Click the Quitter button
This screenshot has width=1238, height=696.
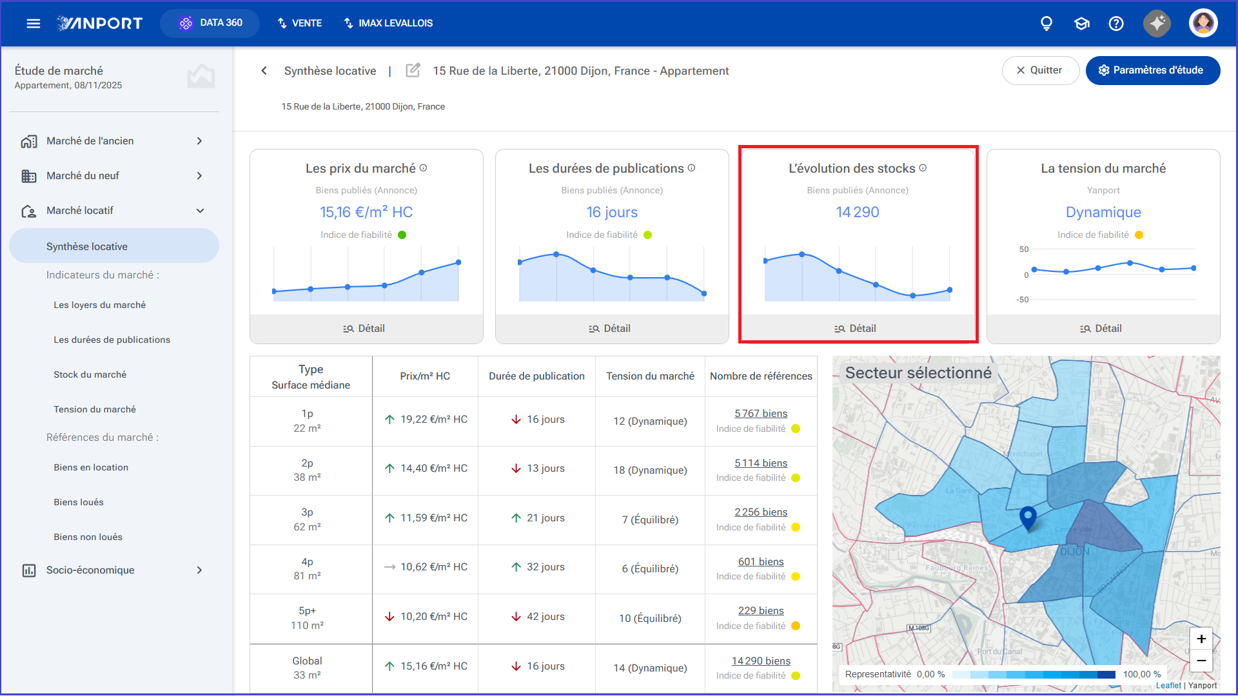1040,70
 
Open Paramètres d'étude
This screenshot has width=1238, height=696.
1152,70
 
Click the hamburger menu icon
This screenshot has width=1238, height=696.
34,23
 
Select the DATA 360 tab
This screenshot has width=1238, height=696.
210,23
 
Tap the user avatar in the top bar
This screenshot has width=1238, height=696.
1203,23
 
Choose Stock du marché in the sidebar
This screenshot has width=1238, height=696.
90,374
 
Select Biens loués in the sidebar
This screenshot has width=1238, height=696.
79,502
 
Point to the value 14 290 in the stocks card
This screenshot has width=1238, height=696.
858,212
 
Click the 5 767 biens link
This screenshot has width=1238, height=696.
761,414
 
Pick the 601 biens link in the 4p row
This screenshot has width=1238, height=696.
761,562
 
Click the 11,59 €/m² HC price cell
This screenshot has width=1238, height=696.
426,518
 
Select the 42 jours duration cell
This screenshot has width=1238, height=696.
538,617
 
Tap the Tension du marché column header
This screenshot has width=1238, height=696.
650,376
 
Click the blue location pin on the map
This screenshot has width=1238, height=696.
1028,517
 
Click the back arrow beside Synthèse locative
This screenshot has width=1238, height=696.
264,71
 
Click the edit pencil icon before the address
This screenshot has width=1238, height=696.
413,70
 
